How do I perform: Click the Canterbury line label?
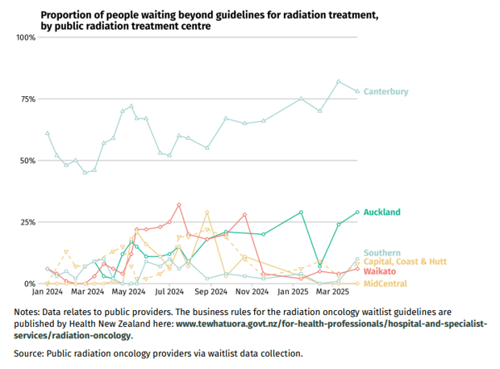point(385,92)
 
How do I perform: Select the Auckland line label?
point(381,212)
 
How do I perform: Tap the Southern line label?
point(382,253)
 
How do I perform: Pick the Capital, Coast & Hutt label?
point(406,262)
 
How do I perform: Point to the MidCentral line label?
point(385,283)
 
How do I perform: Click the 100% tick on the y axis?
point(26,38)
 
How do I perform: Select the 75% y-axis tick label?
point(27,99)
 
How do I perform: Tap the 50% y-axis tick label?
point(27,161)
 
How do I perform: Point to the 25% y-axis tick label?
point(27,222)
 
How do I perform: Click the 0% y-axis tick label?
point(30,283)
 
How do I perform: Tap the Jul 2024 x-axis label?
point(169,292)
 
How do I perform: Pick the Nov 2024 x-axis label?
point(252,292)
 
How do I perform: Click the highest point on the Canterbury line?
point(339,81)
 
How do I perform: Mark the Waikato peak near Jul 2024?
point(179,204)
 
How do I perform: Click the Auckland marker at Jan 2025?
point(301,212)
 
